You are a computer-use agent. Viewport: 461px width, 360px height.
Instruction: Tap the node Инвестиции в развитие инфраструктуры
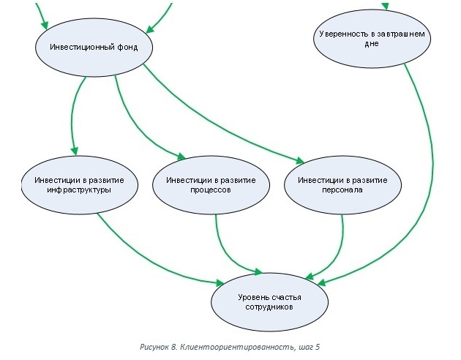point(73,184)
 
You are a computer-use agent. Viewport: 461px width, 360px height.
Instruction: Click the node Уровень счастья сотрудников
point(269,301)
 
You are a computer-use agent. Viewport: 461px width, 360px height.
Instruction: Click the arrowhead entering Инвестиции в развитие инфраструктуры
point(74,151)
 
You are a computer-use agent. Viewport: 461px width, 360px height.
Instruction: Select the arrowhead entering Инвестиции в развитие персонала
point(299,162)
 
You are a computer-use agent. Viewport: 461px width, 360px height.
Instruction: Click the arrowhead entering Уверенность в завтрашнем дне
point(386,6)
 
